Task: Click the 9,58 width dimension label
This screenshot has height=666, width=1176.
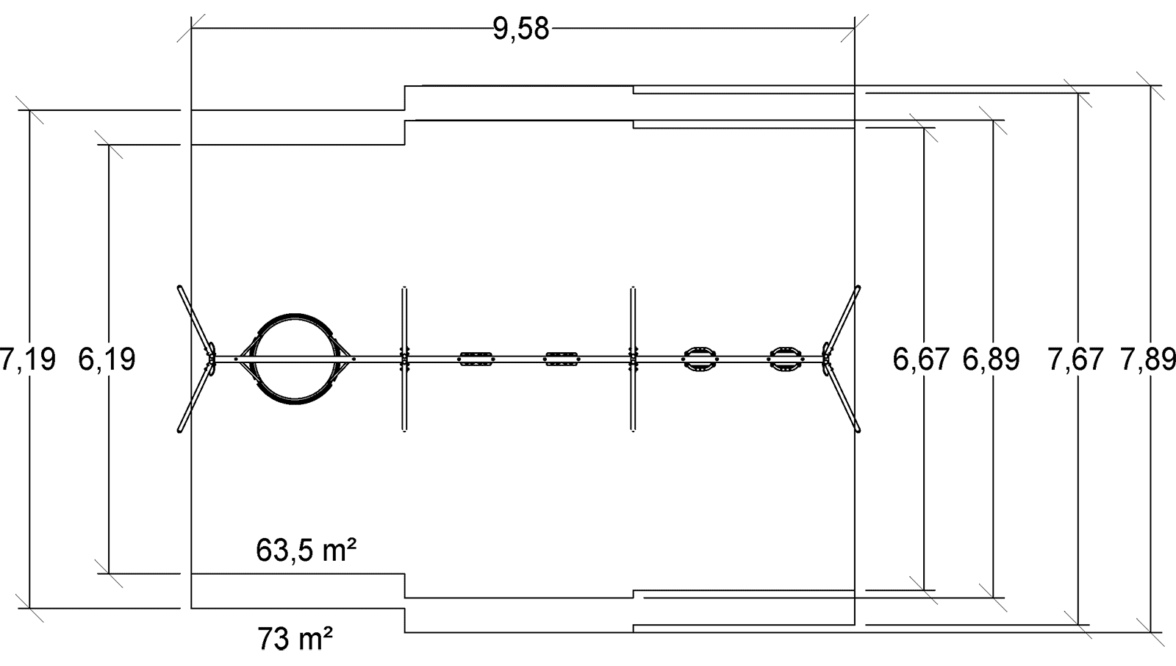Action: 521,29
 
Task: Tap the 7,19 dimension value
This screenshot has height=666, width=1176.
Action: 28,359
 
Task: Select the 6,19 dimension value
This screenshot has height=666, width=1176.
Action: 107,359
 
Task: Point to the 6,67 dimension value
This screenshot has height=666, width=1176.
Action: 921,359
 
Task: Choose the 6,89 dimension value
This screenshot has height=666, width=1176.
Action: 992,359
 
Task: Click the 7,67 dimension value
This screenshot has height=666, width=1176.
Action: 1076,359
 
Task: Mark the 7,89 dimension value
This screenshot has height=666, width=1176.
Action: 1148,359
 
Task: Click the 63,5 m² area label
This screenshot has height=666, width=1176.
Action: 306,551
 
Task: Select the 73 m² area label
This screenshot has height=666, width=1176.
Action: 295,639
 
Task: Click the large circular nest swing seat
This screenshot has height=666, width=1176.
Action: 295,315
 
